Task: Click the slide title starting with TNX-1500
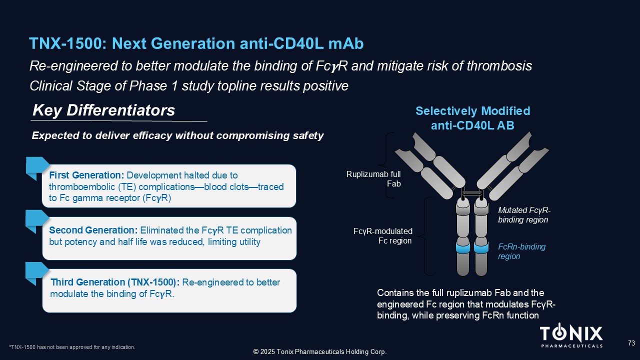point(196,43)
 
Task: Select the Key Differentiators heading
point(103,110)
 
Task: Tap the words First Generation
point(86,175)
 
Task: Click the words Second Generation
point(93,230)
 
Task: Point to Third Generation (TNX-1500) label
point(115,282)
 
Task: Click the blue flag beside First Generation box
point(36,167)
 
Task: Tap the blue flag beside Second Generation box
point(36,221)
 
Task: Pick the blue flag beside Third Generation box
point(36,273)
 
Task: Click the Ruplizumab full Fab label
point(373,179)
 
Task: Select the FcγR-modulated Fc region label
point(383,235)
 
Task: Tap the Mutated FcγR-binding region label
point(524,215)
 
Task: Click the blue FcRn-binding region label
point(521,251)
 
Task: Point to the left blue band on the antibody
point(463,247)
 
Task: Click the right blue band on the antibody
point(481,247)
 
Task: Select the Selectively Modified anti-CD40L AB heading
point(472,118)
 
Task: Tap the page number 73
point(631,343)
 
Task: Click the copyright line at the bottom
point(320,351)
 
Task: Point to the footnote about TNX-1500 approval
point(72,347)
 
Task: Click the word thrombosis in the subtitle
point(499,66)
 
